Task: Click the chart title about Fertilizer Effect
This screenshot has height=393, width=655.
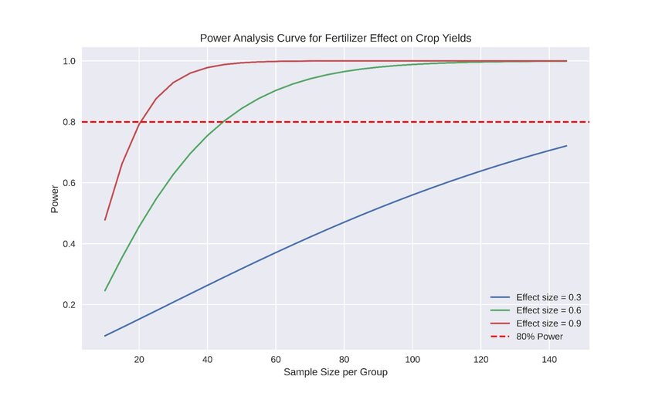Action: (x=335, y=38)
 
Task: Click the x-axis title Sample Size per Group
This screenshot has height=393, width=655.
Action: (x=335, y=372)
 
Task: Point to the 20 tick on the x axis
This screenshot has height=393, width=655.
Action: (x=139, y=359)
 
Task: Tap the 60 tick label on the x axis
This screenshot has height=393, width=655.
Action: (x=276, y=359)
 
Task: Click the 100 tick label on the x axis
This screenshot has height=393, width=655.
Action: (x=412, y=359)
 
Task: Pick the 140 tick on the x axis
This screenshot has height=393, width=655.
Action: (x=549, y=359)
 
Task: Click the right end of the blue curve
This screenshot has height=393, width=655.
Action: (x=566, y=146)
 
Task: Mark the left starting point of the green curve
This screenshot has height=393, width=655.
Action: (x=105, y=291)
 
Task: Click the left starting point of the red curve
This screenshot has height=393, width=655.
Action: (x=105, y=220)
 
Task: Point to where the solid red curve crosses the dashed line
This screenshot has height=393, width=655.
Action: (x=140, y=122)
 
